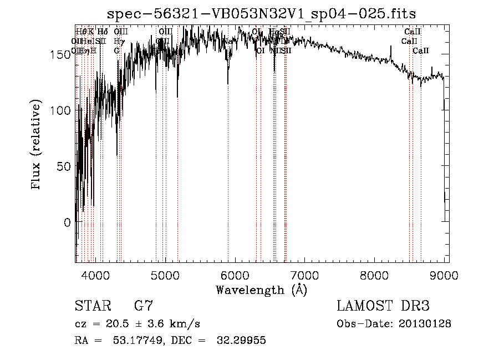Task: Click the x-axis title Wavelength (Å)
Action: pyautogui.click(x=262, y=289)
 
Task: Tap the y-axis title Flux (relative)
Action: pyautogui.click(x=37, y=145)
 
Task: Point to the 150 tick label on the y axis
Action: pyautogui.click(x=60, y=54)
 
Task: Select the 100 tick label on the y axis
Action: pyautogui.click(x=60, y=110)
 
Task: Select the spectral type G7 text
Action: pyautogui.click(x=143, y=307)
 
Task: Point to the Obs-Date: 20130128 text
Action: pyautogui.click(x=394, y=323)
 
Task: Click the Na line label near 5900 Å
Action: pyautogui.click(x=228, y=42)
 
